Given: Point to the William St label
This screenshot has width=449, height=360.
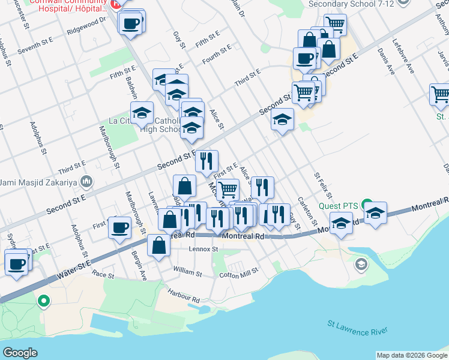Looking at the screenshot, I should click(187, 272).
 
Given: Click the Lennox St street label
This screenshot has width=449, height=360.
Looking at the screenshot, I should click(202, 248).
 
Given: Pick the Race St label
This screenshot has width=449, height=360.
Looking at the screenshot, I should click(103, 274).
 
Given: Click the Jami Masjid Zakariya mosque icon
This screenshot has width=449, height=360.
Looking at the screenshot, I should click(87, 181).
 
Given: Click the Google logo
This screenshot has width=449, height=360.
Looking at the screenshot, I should click(20, 352).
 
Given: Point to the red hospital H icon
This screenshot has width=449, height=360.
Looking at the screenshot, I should click(117, 3).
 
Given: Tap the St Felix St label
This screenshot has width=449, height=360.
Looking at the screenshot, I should click(322, 185).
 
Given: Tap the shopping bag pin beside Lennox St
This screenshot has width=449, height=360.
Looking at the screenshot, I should click(158, 245).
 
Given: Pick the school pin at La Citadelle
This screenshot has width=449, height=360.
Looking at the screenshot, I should click(142, 112).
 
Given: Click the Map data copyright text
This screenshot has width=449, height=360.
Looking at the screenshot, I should click(412, 355).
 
